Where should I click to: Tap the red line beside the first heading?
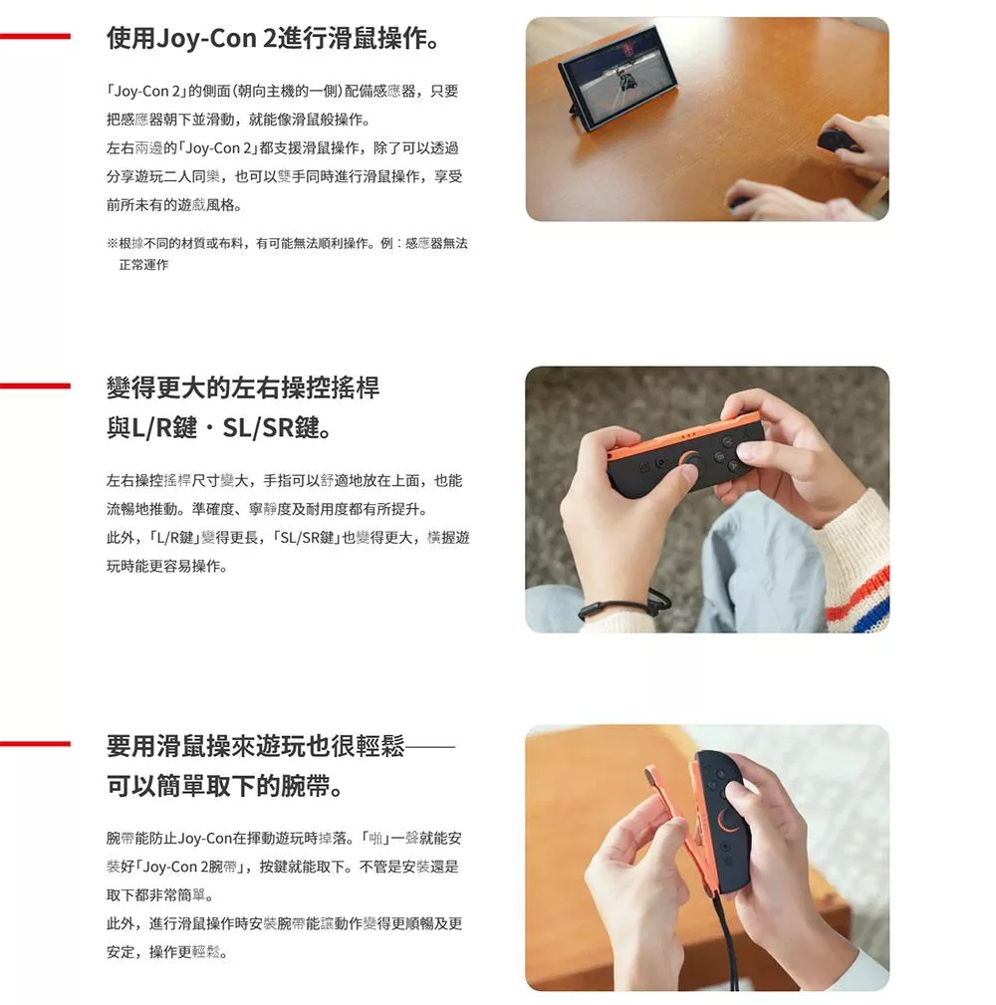point(35,37)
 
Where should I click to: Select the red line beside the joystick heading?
point(35,385)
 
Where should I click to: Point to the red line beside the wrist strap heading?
point(35,743)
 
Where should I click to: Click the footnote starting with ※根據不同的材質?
point(287,254)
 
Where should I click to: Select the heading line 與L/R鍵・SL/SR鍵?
point(219,427)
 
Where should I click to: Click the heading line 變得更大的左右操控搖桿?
point(243,387)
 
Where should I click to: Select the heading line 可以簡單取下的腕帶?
point(225,785)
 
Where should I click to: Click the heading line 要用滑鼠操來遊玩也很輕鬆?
point(281,746)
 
